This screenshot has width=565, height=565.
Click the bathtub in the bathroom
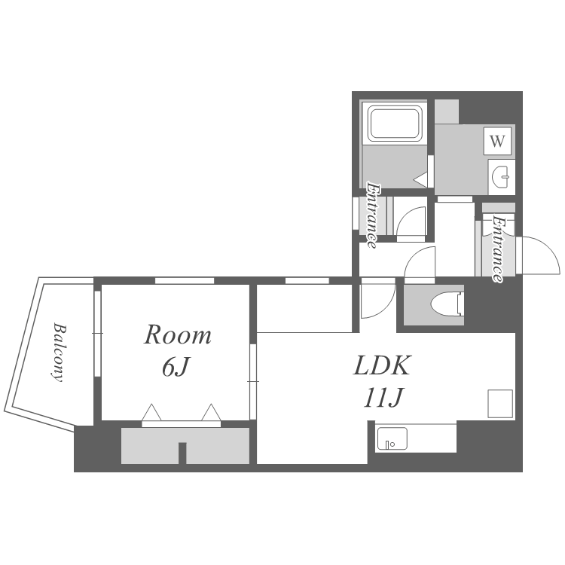point(395,124)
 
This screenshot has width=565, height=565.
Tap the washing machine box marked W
point(497,141)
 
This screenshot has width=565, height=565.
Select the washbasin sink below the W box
point(501,177)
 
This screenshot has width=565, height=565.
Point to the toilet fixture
point(447,304)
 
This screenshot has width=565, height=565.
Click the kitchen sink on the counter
point(392,438)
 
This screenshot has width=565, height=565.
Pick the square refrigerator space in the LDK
point(500,404)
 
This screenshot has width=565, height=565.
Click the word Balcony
point(59,352)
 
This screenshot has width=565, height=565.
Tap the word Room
point(177,335)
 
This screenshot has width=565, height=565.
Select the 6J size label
point(175,368)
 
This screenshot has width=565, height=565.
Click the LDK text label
point(382,365)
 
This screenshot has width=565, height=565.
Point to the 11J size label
point(383,399)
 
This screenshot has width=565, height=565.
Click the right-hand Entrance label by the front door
point(498,249)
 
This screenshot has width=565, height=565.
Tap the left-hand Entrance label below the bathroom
point(373,215)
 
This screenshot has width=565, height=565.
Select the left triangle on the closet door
point(151,412)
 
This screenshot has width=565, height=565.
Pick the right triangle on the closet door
point(211,412)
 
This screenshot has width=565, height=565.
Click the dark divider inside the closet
point(182,453)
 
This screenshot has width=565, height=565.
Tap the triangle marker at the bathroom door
point(420,179)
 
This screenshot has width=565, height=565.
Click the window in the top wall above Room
point(185,280)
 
